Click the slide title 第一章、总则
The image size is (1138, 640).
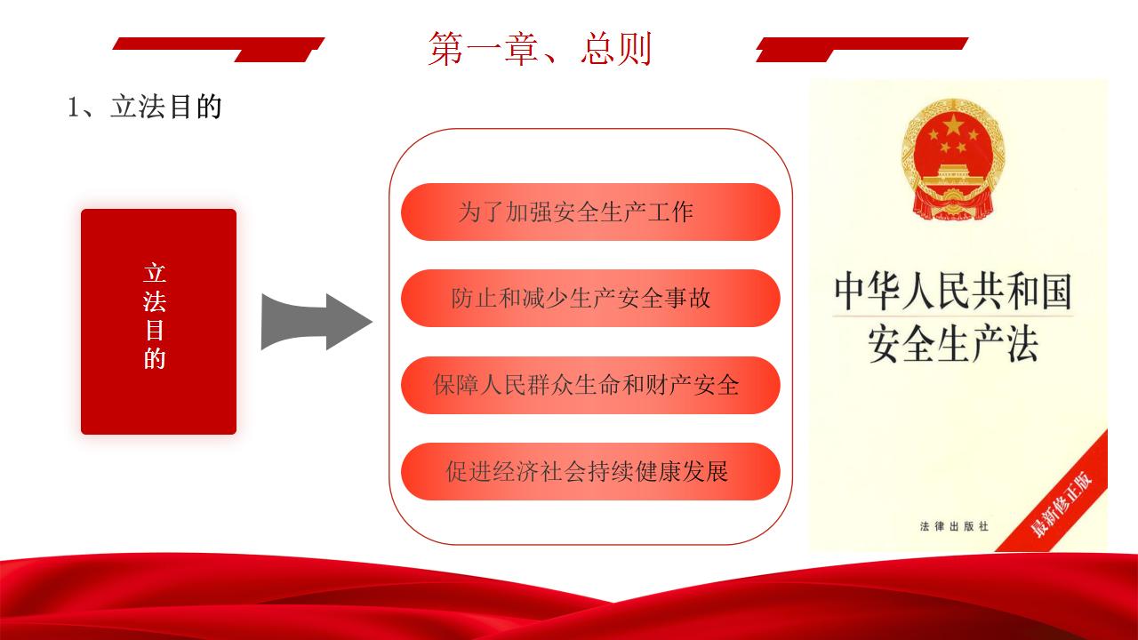tap(540, 49)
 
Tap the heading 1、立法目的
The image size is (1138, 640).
tap(145, 107)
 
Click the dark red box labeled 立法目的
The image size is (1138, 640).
tap(158, 322)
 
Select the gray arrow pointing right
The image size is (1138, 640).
tap(317, 322)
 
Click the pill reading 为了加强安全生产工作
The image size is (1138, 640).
tap(590, 212)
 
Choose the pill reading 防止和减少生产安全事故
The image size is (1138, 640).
tap(590, 298)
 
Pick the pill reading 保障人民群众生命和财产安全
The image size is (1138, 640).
tap(590, 385)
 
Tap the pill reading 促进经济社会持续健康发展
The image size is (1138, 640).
tap(590, 471)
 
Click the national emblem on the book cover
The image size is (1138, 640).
tap(953, 159)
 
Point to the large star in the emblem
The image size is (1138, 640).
tap(953, 124)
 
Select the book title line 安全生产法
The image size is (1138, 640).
tap(953, 344)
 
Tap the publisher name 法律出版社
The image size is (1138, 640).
tap(954, 526)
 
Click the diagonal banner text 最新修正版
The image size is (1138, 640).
tap(1062, 504)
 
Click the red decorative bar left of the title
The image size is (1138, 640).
tap(218, 49)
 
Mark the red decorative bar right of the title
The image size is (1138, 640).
tap(862, 49)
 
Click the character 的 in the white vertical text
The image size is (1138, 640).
tap(155, 358)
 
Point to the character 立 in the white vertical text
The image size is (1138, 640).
tap(155, 273)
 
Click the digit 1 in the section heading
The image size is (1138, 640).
tap(73, 108)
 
